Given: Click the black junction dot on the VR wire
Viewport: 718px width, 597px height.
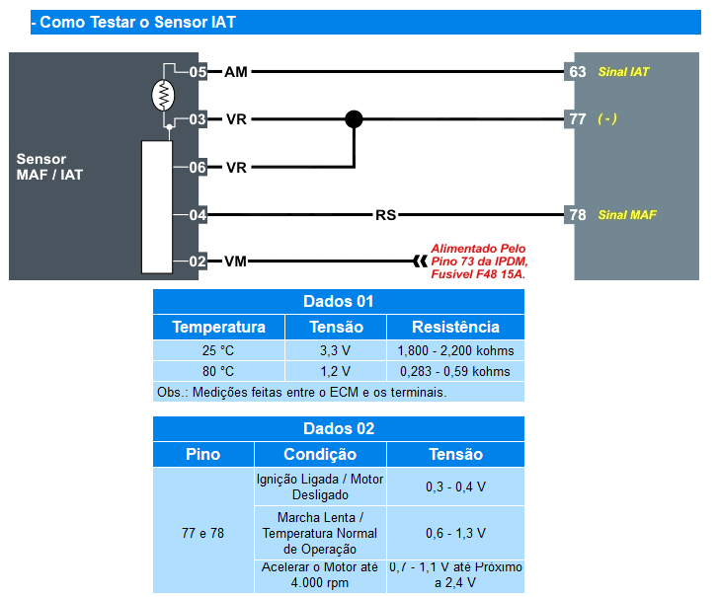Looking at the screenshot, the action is tap(354, 119).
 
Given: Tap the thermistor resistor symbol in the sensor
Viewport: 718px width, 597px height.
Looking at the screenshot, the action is tap(163, 95).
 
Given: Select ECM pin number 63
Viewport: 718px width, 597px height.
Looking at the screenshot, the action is tap(578, 72).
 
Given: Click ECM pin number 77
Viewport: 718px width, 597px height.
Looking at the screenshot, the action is tap(578, 119).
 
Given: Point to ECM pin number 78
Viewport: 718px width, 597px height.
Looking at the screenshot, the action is tap(578, 214).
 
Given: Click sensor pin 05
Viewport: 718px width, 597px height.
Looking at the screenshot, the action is tap(198, 72).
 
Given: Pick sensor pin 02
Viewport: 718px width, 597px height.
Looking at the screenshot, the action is tap(198, 261).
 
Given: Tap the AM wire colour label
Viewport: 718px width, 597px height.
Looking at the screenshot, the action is tap(236, 72).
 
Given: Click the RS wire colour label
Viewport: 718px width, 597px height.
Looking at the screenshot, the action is tap(385, 214).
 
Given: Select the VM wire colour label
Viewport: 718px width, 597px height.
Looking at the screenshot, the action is tap(235, 261).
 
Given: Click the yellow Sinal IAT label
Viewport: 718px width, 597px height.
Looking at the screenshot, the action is tap(623, 72).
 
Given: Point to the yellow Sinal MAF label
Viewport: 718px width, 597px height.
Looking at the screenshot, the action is tap(627, 214).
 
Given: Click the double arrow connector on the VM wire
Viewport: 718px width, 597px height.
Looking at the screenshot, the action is tap(420, 261).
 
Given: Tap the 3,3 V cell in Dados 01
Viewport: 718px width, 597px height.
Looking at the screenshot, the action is tap(335, 350).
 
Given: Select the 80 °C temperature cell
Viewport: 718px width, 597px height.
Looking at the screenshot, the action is tap(218, 371).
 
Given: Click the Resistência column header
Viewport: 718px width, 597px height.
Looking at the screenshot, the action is tap(455, 327).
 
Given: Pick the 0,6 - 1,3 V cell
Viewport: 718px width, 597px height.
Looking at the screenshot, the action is tap(455, 533).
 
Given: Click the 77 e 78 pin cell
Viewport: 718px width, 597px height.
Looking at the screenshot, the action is tap(202, 533).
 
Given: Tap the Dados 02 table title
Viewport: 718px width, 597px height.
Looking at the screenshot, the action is tap(339, 428).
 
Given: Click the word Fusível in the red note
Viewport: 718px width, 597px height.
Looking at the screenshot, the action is tap(450, 274).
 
